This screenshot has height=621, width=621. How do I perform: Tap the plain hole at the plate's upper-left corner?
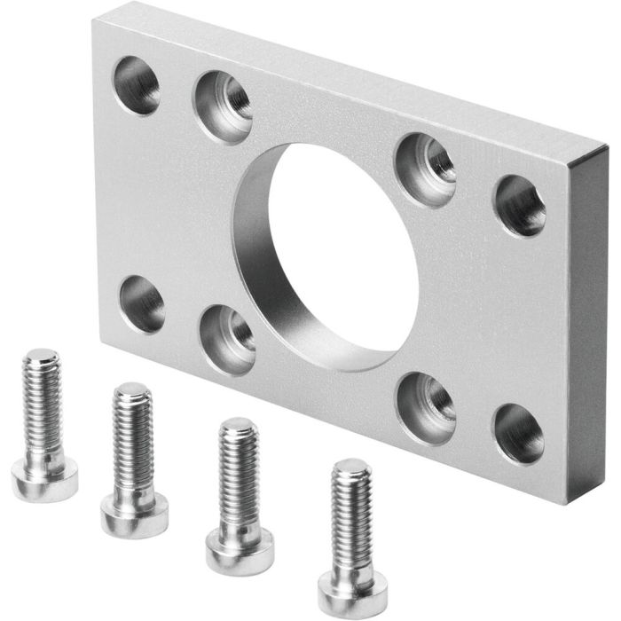[137, 84]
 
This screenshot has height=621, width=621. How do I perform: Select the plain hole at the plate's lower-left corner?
[142, 303]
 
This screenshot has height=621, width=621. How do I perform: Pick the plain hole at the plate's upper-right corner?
[520, 206]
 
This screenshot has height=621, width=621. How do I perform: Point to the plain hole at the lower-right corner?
[519, 435]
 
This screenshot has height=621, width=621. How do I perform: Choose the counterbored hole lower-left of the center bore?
[228, 338]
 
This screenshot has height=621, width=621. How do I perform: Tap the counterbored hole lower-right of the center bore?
[426, 407]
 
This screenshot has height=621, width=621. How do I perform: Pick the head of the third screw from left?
[240, 550]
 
